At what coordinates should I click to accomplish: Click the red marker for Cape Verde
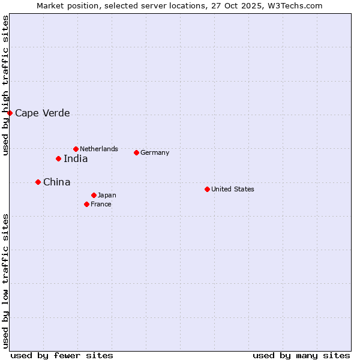click(x=10, y=113)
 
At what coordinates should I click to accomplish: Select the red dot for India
click(x=58, y=158)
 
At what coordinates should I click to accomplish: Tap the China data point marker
click(x=38, y=182)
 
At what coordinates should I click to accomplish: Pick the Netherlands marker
click(x=76, y=149)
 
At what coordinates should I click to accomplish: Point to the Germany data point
click(x=136, y=152)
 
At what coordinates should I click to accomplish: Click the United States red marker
click(x=207, y=189)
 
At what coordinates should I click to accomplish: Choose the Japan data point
click(x=94, y=195)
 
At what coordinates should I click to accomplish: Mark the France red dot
click(x=86, y=204)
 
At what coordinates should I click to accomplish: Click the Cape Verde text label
click(x=42, y=113)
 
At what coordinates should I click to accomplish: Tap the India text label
click(x=76, y=158)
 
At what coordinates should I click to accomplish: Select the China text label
click(x=56, y=182)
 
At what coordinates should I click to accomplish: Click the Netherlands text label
click(x=99, y=149)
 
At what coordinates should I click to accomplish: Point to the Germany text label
click(x=155, y=152)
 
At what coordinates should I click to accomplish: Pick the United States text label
click(x=233, y=189)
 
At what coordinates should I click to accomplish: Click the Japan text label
click(x=107, y=195)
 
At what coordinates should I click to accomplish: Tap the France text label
click(x=101, y=204)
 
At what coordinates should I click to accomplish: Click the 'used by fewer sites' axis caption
click(x=62, y=355)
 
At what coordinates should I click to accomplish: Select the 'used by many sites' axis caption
click(x=301, y=355)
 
